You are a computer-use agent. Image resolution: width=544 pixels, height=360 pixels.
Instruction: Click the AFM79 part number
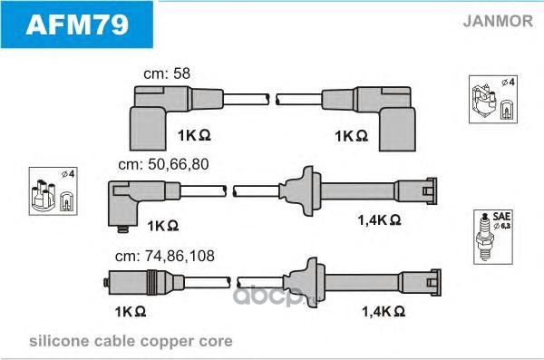[77, 24]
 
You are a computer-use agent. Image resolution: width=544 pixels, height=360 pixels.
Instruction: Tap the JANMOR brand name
[498, 21]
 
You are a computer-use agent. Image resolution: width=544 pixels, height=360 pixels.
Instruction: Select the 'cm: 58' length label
[167, 73]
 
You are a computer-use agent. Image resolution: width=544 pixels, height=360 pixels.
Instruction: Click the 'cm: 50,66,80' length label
[163, 164]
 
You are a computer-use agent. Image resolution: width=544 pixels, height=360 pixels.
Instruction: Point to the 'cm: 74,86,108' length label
[165, 257]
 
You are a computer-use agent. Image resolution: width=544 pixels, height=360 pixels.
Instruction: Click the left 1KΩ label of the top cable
[194, 135]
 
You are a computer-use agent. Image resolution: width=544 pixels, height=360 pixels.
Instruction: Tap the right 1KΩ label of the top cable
[351, 136]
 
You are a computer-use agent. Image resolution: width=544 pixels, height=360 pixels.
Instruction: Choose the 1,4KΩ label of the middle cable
[380, 219]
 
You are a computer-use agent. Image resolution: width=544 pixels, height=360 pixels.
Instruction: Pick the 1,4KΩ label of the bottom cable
[384, 311]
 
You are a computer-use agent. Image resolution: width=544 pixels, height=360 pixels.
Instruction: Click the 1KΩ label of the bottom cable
[131, 312]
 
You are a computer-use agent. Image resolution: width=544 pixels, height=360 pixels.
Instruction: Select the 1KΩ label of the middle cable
[163, 226]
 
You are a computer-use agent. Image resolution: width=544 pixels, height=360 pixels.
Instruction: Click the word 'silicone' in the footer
[59, 341]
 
